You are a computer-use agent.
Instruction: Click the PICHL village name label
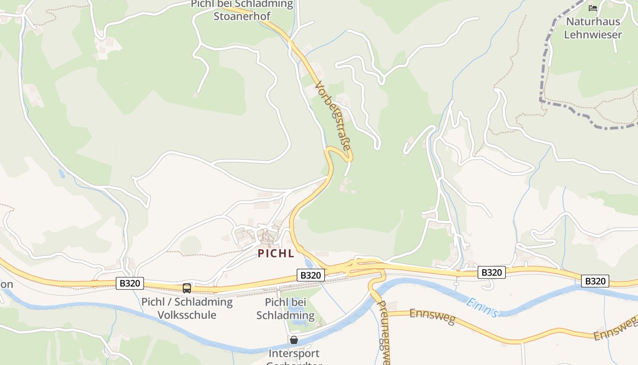point(276,253)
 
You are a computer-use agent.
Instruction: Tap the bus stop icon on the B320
point(187,288)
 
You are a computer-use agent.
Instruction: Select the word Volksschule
point(187,315)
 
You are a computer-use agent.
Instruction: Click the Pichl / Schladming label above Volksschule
point(187,302)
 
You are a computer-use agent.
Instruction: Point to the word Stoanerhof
point(242,16)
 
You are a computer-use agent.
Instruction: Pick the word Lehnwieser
point(593,35)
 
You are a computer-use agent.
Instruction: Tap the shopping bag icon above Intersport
point(294,340)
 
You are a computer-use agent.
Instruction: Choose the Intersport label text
point(294,354)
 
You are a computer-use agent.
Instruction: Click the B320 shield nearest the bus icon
point(130,283)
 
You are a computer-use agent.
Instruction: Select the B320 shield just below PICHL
point(311,275)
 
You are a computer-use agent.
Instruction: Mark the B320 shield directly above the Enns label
point(491,273)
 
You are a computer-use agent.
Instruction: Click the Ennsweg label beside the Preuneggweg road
point(432,316)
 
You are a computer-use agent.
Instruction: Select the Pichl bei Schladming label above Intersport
point(285,309)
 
